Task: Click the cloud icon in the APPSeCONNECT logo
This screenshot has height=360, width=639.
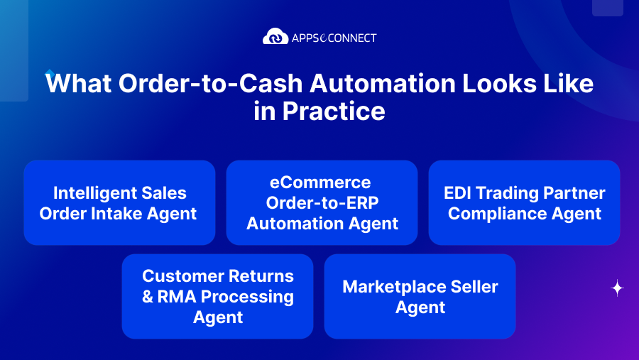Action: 275,37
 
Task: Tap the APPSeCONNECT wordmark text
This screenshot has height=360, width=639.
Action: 333,38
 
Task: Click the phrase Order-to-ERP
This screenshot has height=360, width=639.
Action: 322,203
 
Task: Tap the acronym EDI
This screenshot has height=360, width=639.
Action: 459,193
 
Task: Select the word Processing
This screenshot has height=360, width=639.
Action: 249,297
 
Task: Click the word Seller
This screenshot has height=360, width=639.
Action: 471,287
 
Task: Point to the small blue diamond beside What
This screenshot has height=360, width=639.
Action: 49,72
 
